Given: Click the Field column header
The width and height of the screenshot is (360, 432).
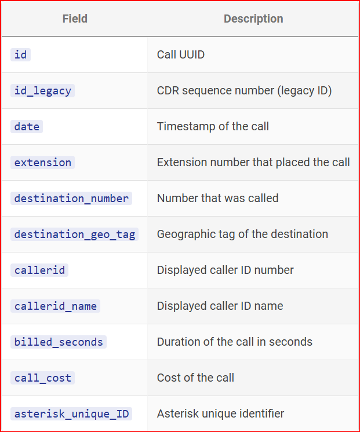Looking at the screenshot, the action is pyautogui.click(x=75, y=19).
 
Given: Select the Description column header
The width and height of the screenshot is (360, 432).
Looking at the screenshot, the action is pyautogui.click(x=253, y=19).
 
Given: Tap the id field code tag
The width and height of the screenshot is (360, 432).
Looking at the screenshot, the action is pyautogui.click(x=20, y=54).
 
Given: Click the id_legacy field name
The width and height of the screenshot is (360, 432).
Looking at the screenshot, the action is pyautogui.click(x=42, y=91).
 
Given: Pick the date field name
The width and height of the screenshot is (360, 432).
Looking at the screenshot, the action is pyautogui.click(x=27, y=126).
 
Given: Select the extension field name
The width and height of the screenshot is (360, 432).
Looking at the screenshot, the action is pyautogui.click(x=42, y=162).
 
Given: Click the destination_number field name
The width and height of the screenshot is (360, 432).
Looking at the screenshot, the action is pyautogui.click(x=71, y=199).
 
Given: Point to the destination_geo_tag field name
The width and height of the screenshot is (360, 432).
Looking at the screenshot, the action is pyautogui.click(x=74, y=234).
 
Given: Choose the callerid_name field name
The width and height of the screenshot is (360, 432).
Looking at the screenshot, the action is pyautogui.click(x=55, y=306).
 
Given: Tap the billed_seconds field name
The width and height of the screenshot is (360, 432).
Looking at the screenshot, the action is pyautogui.click(x=59, y=342).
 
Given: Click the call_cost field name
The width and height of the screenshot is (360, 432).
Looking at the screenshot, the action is pyautogui.click(x=42, y=378).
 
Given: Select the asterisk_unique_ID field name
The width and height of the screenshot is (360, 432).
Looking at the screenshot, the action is pyautogui.click(x=71, y=414).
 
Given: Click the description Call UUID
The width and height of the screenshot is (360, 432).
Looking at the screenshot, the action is pyautogui.click(x=181, y=54).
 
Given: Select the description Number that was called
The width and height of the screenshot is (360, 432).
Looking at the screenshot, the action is pyautogui.click(x=217, y=198).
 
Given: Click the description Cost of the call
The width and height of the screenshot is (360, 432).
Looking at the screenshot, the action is pyautogui.click(x=195, y=378).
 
